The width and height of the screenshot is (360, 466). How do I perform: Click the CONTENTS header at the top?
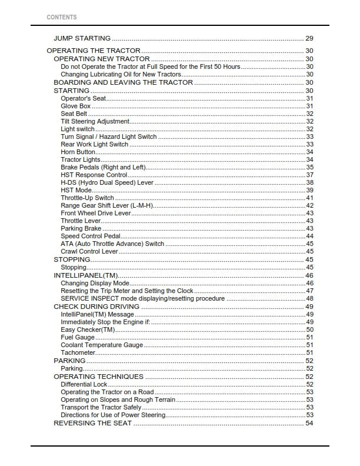click(61, 17)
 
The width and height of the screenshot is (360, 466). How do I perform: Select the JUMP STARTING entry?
click(82, 38)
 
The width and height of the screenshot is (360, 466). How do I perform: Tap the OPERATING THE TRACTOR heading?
click(94, 51)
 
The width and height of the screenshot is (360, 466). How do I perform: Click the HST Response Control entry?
click(94, 175)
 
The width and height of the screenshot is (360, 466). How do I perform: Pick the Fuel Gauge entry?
click(78, 337)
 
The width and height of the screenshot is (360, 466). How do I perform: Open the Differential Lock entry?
click(84, 384)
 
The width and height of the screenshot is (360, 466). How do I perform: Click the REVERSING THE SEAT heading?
click(93, 423)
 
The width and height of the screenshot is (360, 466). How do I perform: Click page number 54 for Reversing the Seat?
click(309, 423)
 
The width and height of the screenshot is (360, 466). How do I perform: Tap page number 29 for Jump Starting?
click(309, 38)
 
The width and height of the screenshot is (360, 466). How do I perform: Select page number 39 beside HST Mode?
click(309, 190)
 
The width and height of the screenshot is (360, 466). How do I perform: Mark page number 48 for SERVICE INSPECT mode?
click(309, 298)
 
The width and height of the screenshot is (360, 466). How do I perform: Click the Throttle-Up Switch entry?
click(87, 198)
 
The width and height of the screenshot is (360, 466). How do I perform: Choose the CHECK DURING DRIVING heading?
click(96, 307)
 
